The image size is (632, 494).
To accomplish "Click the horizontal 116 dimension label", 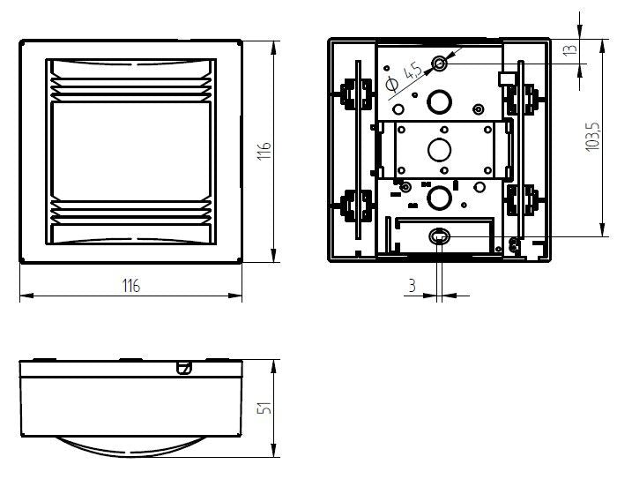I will coord(130,286).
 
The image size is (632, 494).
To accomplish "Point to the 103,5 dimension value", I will coord(591,138).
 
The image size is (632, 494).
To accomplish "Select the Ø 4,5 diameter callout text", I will coord(405,75).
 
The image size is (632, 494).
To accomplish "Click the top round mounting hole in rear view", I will coord(440,64).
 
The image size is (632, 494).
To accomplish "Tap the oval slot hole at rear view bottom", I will coord(439,236).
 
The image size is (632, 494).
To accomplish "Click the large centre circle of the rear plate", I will coord(438,149).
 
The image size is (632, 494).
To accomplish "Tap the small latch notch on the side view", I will coord(183,367).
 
